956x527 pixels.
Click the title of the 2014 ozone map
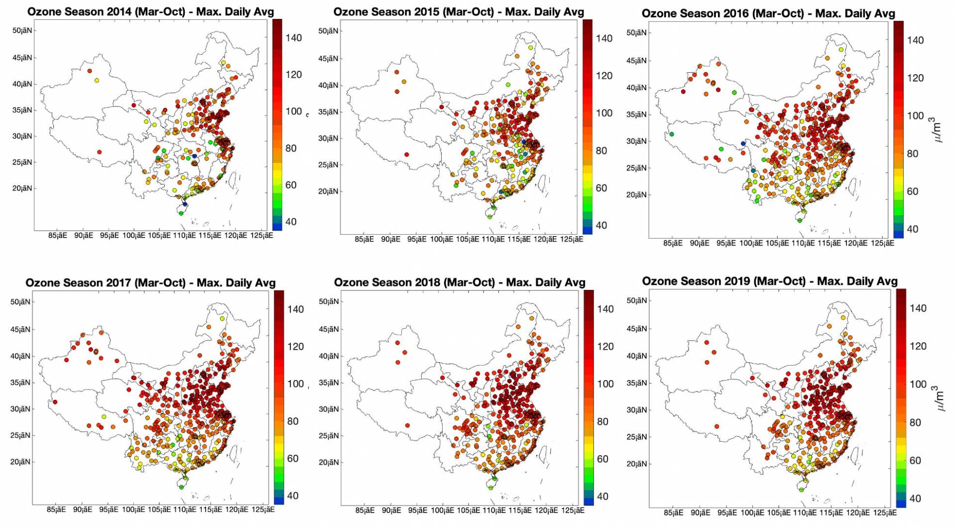point(150,11)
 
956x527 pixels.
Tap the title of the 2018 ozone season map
point(459,282)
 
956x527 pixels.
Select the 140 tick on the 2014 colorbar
point(293,38)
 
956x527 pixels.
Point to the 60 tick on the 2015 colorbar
point(601,188)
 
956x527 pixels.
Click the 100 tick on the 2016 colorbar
point(915,116)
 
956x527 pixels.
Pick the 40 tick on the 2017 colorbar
point(293,496)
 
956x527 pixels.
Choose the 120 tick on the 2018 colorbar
point(605,346)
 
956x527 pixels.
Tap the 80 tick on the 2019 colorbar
point(915,422)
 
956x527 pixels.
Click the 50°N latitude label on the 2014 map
point(22,30)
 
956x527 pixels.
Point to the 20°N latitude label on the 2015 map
point(328,191)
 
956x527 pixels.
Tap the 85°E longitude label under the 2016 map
point(673,244)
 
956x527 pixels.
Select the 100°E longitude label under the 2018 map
point(442,511)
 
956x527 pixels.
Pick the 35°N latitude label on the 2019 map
point(637,383)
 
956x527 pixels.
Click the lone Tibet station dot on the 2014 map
point(100,152)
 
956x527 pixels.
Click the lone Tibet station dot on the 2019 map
point(717,426)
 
